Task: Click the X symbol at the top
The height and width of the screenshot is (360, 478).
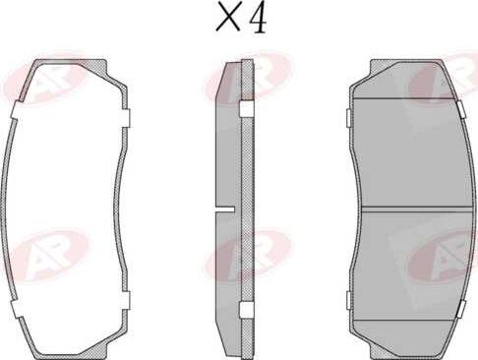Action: click(x=228, y=17)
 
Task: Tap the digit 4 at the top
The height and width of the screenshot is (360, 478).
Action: click(x=258, y=19)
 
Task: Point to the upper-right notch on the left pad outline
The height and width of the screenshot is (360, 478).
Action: click(x=126, y=118)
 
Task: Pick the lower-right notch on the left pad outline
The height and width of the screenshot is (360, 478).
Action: click(x=126, y=300)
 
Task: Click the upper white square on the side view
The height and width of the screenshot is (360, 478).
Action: click(x=246, y=109)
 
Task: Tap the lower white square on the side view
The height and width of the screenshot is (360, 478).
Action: click(x=246, y=309)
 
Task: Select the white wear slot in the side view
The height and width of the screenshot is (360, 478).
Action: click(x=225, y=209)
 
